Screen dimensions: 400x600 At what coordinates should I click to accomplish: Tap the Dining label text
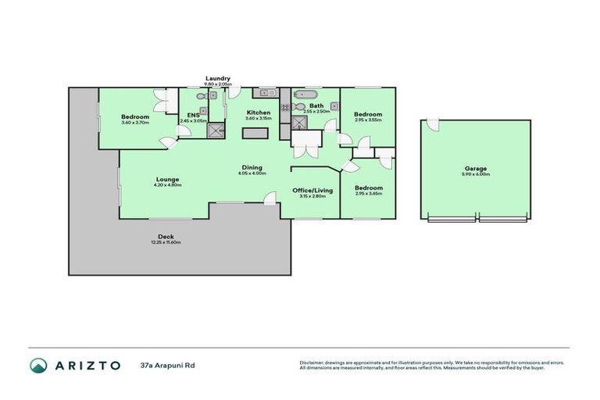252,166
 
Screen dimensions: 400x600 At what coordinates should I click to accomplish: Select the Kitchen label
259,112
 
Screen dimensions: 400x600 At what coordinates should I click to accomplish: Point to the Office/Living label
312,190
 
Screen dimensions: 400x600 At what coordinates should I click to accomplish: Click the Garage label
476,167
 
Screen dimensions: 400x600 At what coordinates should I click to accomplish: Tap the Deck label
166,236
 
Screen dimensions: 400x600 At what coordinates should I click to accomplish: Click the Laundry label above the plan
217,78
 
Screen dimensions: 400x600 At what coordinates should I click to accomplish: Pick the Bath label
316,105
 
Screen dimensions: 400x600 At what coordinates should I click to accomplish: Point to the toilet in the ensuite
201,96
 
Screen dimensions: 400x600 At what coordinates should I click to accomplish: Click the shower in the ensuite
215,130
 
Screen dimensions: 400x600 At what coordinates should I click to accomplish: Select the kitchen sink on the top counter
264,93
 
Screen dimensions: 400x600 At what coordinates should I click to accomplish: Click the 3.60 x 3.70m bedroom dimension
135,123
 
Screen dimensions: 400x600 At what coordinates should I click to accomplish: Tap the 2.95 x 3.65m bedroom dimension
368,194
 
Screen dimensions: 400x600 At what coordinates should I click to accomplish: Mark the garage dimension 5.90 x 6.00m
476,174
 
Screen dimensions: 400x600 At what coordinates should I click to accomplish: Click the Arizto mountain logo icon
38,365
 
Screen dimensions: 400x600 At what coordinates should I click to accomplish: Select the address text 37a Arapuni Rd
167,365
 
